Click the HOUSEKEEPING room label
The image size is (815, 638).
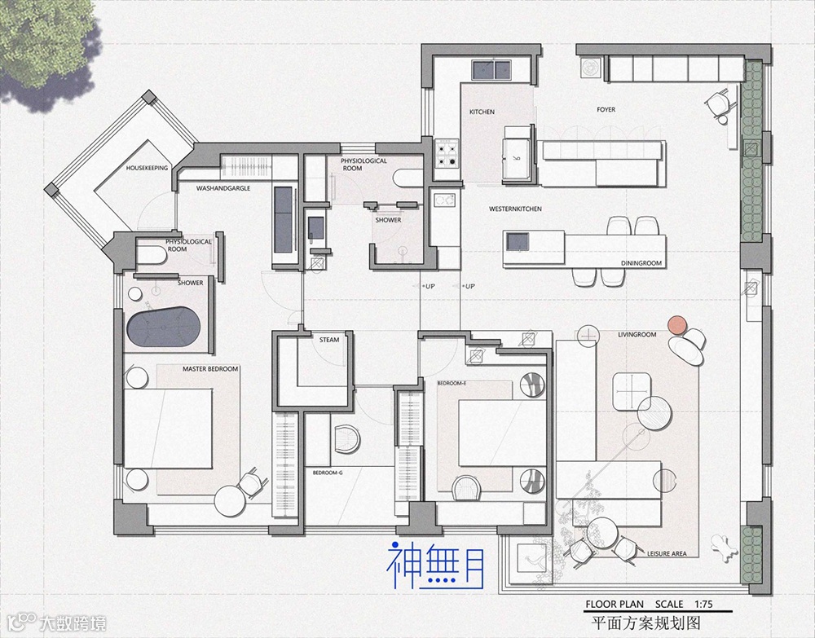(x=147, y=168)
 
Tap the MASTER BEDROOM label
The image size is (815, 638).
(x=210, y=369)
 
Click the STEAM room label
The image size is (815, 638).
(x=329, y=340)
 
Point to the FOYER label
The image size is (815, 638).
(x=606, y=109)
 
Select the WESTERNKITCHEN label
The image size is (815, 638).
(x=515, y=209)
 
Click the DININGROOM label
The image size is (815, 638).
(x=641, y=263)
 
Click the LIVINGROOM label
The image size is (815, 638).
(x=637, y=334)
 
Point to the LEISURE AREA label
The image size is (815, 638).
(x=667, y=553)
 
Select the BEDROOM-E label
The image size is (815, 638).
(x=451, y=382)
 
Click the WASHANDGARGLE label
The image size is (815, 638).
(x=223, y=188)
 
